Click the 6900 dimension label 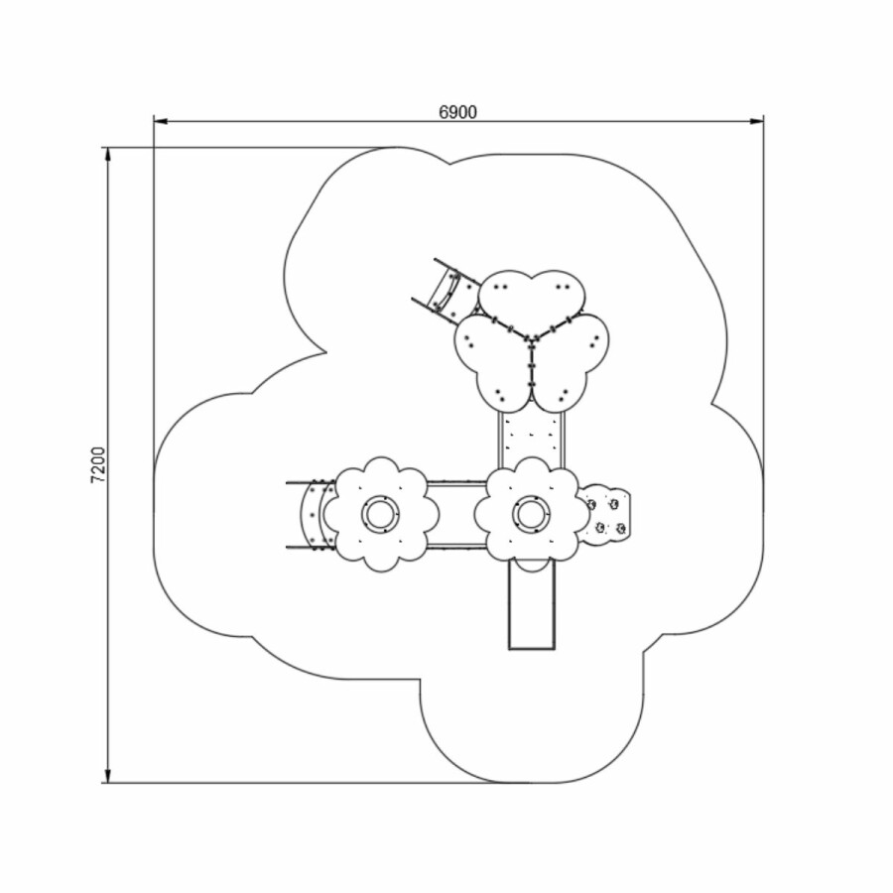tap(457, 112)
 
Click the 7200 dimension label tap(98, 464)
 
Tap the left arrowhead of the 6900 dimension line tap(160, 121)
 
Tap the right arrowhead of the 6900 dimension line tap(757, 121)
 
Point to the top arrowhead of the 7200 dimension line tap(107, 155)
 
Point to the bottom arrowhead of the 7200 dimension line tap(107, 776)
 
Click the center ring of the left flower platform tap(380, 514)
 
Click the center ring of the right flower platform tap(532, 514)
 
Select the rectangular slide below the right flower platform tap(532, 605)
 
